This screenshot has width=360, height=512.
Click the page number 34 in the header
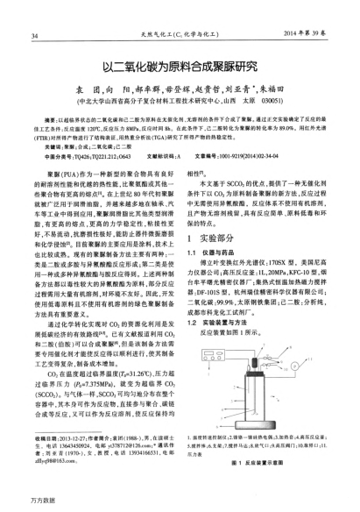click(x=33, y=11)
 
